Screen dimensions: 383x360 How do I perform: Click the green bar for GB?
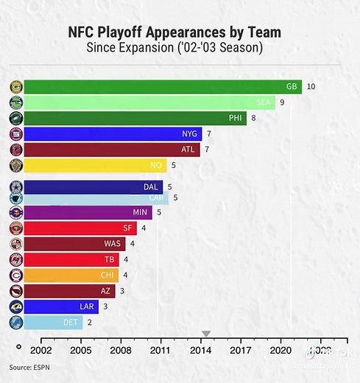162,87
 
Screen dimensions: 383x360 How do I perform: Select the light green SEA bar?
147,102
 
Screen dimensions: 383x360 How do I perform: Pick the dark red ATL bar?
110,150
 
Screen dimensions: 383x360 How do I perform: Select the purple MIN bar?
88,213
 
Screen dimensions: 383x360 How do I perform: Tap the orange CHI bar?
70,275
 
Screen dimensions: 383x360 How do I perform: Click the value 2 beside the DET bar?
90,322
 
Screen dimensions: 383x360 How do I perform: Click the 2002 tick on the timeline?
41,351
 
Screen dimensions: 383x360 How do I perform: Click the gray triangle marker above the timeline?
207,335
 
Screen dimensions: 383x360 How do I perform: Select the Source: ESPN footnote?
30,367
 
